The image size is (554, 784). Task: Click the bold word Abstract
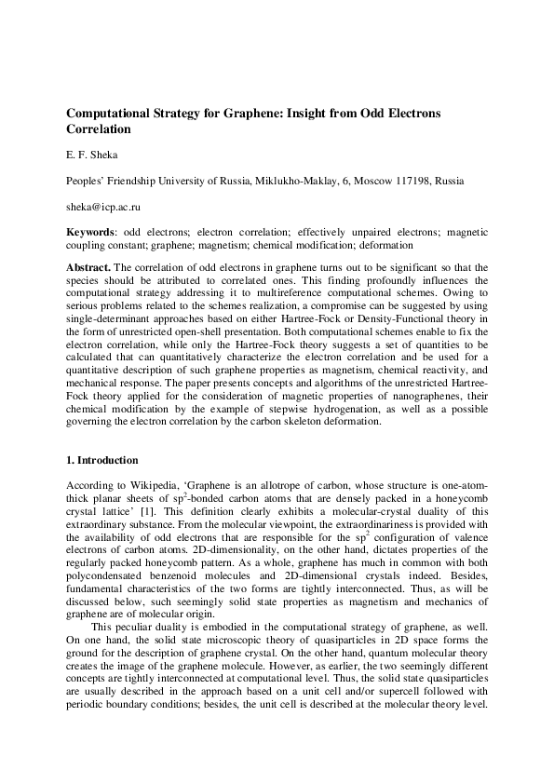89,267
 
